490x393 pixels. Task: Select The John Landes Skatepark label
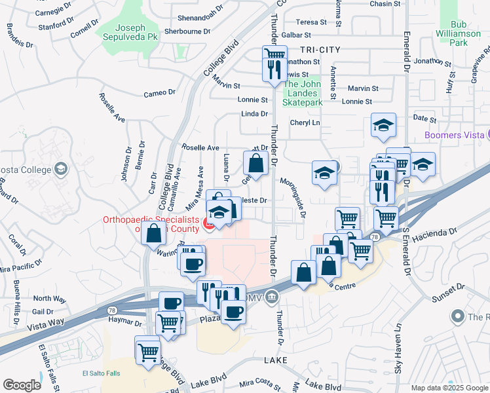coord(303,92)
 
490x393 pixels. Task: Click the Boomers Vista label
coord(452,135)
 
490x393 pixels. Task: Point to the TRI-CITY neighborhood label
coord(320,50)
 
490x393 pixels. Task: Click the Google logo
coord(22,385)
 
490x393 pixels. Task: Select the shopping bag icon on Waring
coord(153,233)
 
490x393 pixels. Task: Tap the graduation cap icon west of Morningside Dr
coord(324,173)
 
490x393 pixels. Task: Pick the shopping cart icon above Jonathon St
coord(274,54)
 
